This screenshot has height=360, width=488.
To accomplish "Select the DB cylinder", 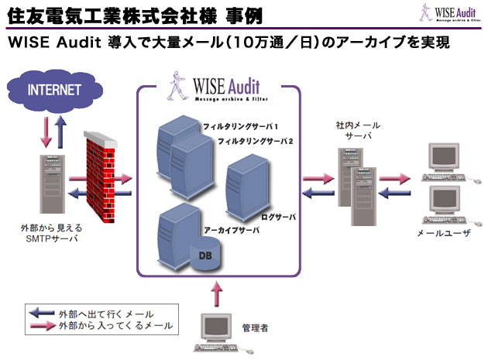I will [x=206, y=255].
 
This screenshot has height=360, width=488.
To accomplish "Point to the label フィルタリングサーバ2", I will [x=255, y=141].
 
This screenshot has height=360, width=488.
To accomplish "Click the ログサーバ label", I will [x=279, y=216].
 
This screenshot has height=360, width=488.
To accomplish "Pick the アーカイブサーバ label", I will [x=231, y=231].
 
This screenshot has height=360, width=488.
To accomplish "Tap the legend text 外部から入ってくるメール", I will [x=115, y=327].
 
